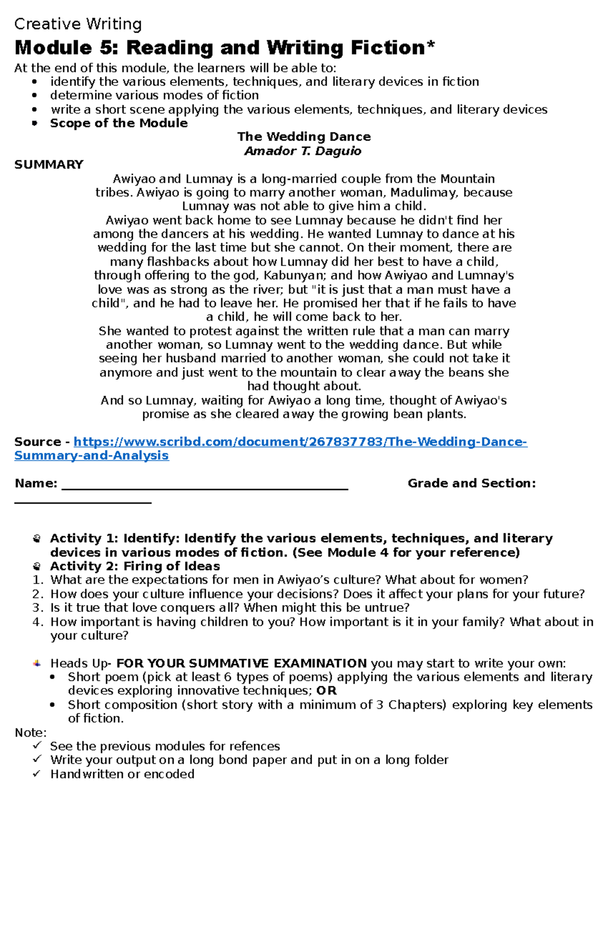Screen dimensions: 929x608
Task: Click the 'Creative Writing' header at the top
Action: (x=78, y=24)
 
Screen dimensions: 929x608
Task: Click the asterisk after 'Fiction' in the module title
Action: (x=431, y=46)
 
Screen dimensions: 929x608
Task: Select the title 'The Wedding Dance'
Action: (x=304, y=137)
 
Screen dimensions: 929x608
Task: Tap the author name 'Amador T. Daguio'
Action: (x=303, y=151)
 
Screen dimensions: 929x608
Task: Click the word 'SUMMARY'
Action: (x=49, y=165)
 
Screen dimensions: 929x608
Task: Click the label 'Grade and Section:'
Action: (x=472, y=483)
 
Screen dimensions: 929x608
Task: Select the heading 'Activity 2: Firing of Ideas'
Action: (x=135, y=566)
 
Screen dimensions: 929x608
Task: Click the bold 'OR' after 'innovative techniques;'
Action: (x=326, y=691)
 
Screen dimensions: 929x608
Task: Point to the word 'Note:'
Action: (x=30, y=733)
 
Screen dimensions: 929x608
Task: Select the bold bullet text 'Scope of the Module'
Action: (x=119, y=123)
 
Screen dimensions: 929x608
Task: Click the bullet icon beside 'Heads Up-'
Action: (x=36, y=663)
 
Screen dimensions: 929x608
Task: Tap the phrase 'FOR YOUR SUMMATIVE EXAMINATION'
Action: (x=242, y=663)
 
